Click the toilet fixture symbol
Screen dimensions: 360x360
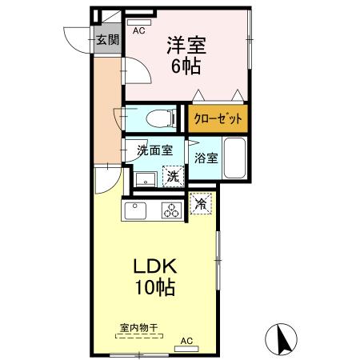[163, 118]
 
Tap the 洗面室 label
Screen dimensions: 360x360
[154, 150]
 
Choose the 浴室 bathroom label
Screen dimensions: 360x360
[206, 158]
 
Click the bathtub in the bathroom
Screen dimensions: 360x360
[234, 158]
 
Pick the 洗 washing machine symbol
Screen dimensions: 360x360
[173, 177]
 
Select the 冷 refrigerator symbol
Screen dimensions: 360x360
[201, 205]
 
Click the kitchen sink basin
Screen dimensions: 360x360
[134, 212]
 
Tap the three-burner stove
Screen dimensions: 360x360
[172, 211]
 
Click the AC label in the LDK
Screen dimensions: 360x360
[187, 342]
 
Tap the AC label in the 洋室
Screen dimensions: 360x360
[138, 31]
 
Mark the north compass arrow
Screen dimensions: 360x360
[282, 338]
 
